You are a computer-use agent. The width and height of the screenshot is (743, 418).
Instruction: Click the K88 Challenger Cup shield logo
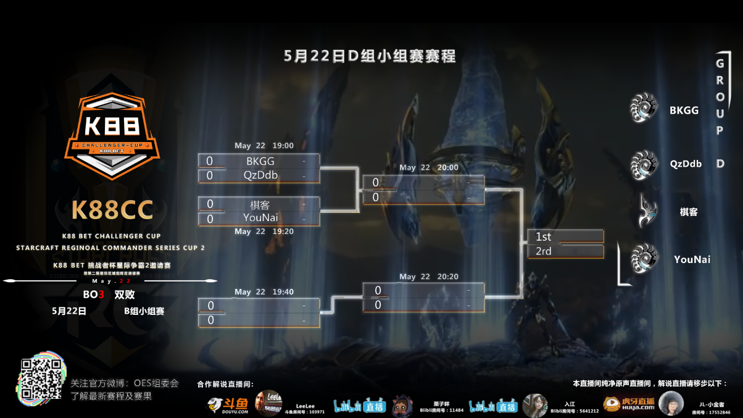point(112,136)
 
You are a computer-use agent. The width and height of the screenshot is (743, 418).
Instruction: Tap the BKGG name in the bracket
point(260,161)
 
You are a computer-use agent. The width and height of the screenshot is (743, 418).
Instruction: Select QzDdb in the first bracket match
point(260,175)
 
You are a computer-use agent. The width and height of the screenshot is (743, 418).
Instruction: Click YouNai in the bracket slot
point(260,218)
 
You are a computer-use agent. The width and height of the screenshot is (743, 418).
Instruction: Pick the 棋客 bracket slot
point(260,204)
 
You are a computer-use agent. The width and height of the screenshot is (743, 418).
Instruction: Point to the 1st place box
point(565,236)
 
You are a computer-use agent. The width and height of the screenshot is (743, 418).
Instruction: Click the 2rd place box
point(565,251)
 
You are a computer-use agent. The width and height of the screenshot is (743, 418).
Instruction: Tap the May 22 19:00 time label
point(264,146)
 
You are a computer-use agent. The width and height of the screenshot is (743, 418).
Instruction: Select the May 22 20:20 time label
point(429,277)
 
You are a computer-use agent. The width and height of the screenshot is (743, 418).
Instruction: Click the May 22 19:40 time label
point(264,292)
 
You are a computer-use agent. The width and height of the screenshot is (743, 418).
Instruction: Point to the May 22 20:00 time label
point(429,168)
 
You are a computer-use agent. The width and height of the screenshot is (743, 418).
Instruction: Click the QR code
point(41,378)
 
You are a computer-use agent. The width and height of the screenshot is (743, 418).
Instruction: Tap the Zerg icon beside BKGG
point(644,108)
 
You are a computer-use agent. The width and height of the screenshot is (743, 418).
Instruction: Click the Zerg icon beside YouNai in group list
point(644,259)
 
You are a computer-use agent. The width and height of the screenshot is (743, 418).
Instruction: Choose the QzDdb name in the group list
point(686,164)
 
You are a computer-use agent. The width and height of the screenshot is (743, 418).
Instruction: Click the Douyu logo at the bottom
point(228,404)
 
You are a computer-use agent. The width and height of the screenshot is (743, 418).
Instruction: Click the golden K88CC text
point(112,210)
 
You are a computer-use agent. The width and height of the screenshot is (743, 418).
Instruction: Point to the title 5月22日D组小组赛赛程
point(370,56)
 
